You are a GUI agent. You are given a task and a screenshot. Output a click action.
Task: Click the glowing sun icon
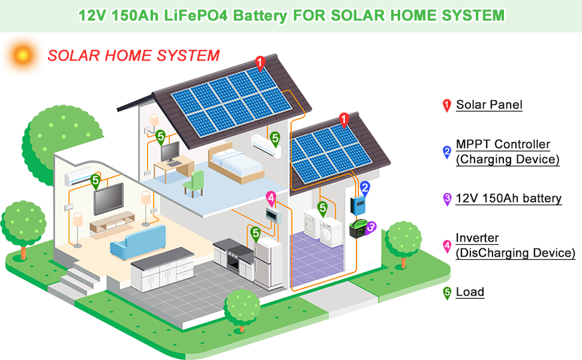coord(22,55)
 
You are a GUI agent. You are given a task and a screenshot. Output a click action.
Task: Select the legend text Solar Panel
coord(489,105)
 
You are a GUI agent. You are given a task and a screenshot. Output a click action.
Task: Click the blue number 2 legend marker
coord(446,151)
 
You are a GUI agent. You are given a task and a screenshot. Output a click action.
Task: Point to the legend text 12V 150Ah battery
coord(508,199)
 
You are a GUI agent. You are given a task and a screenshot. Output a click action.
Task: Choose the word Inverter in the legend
coord(477,238)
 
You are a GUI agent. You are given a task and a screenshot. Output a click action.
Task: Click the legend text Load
coord(470,293)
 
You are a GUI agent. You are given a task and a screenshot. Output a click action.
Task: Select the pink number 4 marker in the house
coord(271,197)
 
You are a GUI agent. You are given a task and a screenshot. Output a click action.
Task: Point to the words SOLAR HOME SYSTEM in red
coord(134,56)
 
